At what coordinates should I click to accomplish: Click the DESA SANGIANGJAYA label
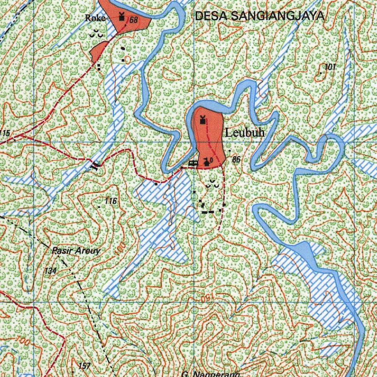(x=260, y=16)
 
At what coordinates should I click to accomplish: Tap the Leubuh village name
(x=244, y=133)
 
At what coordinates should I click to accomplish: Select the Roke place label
(x=95, y=18)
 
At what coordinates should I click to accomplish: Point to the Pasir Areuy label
(x=76, y=251)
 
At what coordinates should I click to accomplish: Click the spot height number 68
(x=133, y=20)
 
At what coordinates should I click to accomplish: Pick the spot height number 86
(x=236, y=159)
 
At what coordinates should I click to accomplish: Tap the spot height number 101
(x=330, y=67)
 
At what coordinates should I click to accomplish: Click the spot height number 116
(x=110, y=201)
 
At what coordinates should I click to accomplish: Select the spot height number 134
(x=50, y=271)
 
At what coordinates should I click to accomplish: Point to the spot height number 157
(x=84, y=366)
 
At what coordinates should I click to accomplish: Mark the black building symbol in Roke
(x=121, y=17)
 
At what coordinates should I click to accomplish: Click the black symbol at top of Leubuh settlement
(x=202, y=120)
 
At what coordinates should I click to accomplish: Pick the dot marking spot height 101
(x=321, y=73)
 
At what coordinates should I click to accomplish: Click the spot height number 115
(x=5, y=133)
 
